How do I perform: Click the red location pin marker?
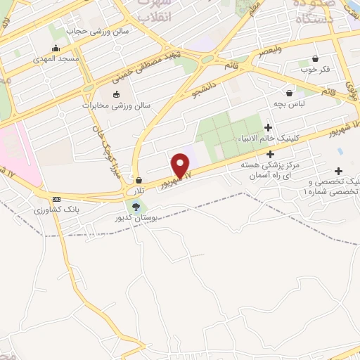point(181,165)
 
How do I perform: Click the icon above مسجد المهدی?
point(56,48)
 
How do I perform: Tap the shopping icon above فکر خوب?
point(314,59)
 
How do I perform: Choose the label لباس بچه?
point(289,103)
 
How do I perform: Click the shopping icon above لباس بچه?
point(289,92)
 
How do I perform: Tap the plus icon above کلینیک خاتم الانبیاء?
point(268,127)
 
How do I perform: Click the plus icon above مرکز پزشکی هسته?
point(270,153)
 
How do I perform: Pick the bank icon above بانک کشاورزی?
point(56,199)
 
